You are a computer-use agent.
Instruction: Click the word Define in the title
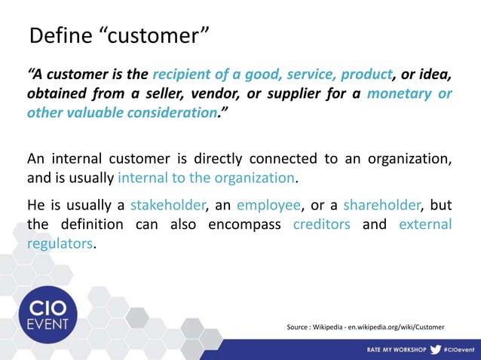56,35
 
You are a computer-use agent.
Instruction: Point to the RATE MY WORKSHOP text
397,350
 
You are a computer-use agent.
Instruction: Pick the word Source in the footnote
299,326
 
